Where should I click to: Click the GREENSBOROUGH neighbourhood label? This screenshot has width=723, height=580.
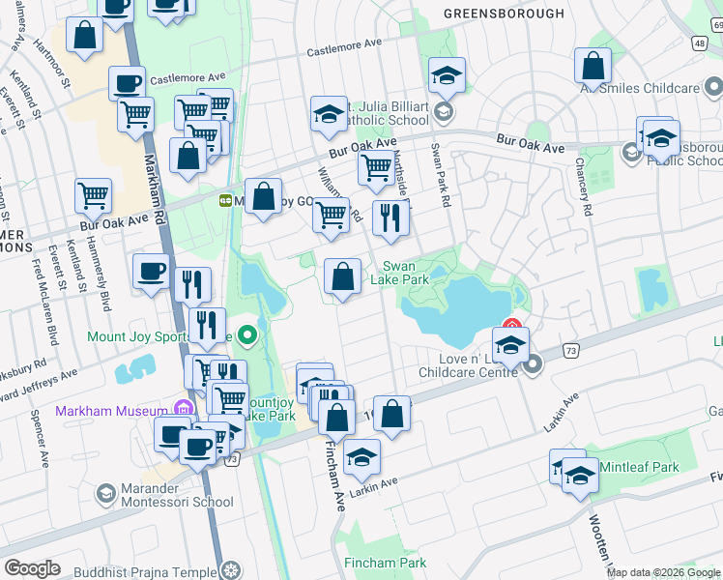(503, 14)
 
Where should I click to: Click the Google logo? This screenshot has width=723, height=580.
(32, 568)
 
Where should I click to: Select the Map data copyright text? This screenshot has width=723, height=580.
(663, 572)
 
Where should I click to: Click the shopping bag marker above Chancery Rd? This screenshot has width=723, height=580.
(593, 66)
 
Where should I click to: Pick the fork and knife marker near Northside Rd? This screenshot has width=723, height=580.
(390, 217)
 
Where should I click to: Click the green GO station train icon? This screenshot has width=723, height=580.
(225, 201)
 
